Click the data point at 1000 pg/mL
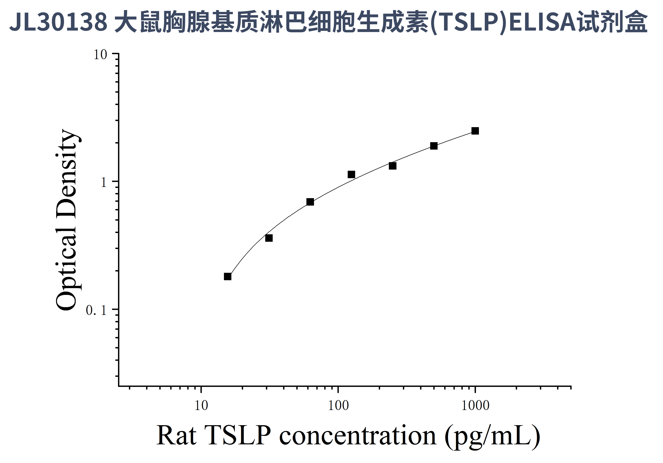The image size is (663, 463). [475, 131]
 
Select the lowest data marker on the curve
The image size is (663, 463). [228, 276]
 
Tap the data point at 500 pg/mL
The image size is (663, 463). [434, 146]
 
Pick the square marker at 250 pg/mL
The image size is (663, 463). [392, 166]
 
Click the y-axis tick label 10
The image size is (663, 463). [100, 55]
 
